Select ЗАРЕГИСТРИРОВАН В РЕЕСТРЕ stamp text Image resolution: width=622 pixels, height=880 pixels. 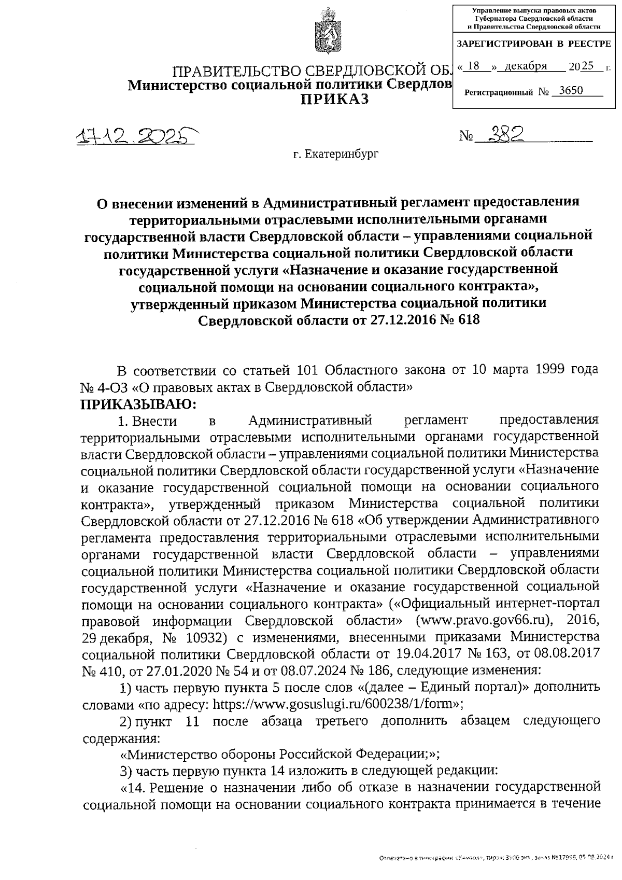[x=534, y=44]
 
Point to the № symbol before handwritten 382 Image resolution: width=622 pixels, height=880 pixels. [x=466, y=136]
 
